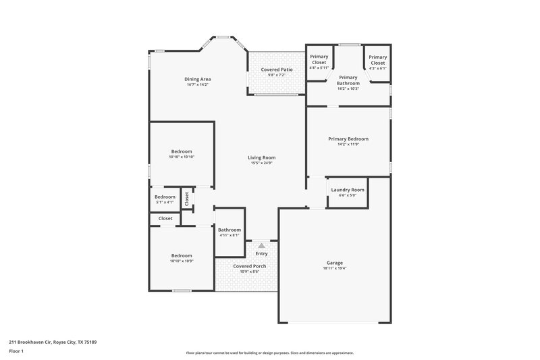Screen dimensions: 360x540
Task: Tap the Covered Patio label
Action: (276, 70)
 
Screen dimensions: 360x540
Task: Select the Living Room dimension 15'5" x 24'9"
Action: (261, 163)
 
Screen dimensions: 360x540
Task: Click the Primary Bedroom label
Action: (348, 139)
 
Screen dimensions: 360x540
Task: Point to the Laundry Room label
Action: (348, 190)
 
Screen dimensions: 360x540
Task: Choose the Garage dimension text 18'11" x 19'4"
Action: (335, 268)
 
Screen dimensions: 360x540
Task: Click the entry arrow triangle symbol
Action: (262, 246)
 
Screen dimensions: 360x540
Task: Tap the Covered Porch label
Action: (250, 266)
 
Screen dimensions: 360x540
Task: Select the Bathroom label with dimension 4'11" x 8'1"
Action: (230, 230)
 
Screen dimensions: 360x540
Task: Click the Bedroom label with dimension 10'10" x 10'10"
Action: (182, 151)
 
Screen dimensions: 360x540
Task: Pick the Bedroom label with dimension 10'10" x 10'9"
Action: (182, 255)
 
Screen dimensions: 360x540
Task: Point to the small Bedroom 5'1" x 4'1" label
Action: (165, 197)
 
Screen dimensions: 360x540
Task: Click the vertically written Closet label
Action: (187, 198)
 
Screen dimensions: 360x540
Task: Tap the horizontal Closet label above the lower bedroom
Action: (165, 218)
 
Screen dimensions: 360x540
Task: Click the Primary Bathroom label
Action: (348, 80)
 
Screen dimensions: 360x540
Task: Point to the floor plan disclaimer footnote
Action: (269, 353)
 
